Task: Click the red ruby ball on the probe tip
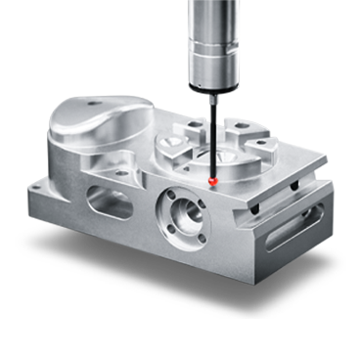pyautogui.click(x=213, y=181)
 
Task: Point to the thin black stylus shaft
pyautogui.click(x=211, y=147)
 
